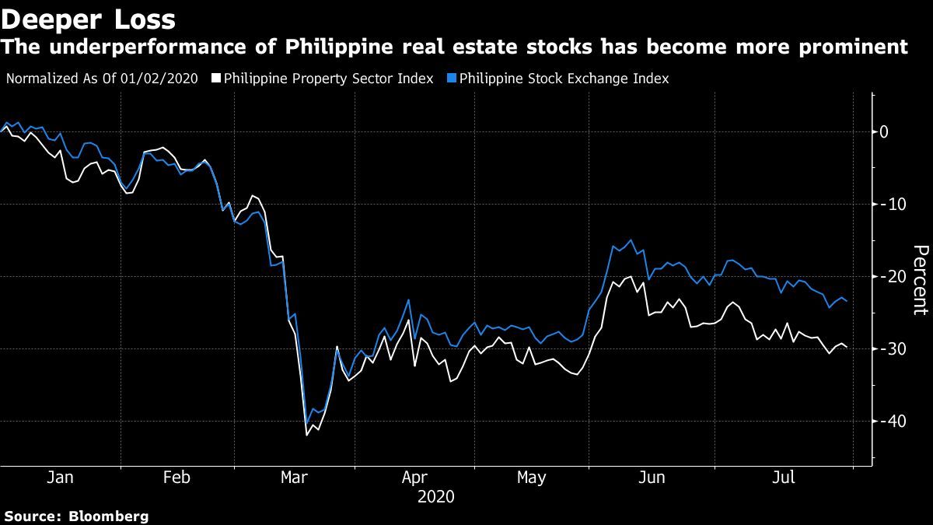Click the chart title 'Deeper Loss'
(x=89, y=17)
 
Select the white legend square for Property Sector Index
(x=217, y=79)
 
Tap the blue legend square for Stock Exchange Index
(x=453, y=79)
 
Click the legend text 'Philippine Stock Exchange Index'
(x=564, y=79)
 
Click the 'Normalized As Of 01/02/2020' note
(x=101, y=79)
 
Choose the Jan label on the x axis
(x=60, y=478)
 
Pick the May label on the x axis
(x=532, y=478)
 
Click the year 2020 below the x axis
(x=436, y=496)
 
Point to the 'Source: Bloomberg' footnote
(x=76, y=516)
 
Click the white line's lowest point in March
(x=306, y=435)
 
